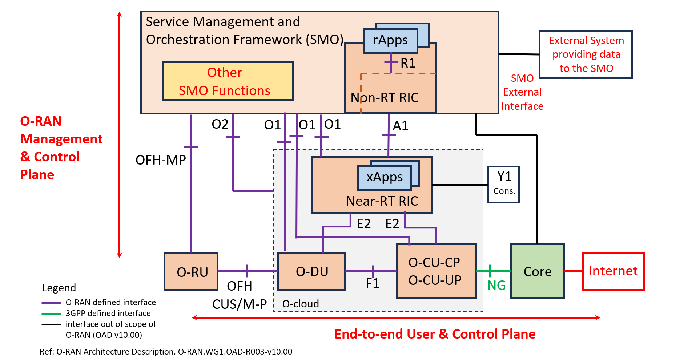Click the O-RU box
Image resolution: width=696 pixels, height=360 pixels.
[x=191, y=271]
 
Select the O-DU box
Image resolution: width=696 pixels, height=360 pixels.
[x=311, y=271]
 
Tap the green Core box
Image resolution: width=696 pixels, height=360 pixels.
[x=537, y=271]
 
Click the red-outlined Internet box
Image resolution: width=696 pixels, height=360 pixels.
[x=613, y=271]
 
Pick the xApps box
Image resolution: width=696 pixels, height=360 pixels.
[x=385, y=177]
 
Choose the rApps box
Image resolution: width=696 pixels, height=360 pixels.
[x=390, y=40]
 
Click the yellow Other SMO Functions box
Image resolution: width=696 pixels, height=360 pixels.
[x=228, y=81]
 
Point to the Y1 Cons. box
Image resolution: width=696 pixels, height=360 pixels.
[x=503, y=184]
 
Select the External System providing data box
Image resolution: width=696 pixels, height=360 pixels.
[x=586, y=54]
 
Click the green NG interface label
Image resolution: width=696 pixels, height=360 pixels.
[x=496, y=286]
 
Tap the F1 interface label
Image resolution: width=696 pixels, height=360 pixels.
[x=373, y=283]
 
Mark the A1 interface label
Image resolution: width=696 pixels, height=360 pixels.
[x=401, y=126]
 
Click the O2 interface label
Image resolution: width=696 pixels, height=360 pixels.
[x=220, y=124]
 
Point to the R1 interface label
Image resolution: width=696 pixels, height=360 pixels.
[x=408, y=63]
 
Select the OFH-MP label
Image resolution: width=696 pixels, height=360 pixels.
[x=161, y=160]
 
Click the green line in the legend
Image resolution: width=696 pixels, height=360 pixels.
[x=51, y=314]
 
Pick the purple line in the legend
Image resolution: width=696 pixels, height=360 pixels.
[x=51, y=303]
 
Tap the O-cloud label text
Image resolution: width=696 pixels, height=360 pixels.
[x=301, y=304]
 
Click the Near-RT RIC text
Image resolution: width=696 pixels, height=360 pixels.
[x=382, y=201]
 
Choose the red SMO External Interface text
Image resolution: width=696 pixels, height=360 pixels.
[x=522, y=92]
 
